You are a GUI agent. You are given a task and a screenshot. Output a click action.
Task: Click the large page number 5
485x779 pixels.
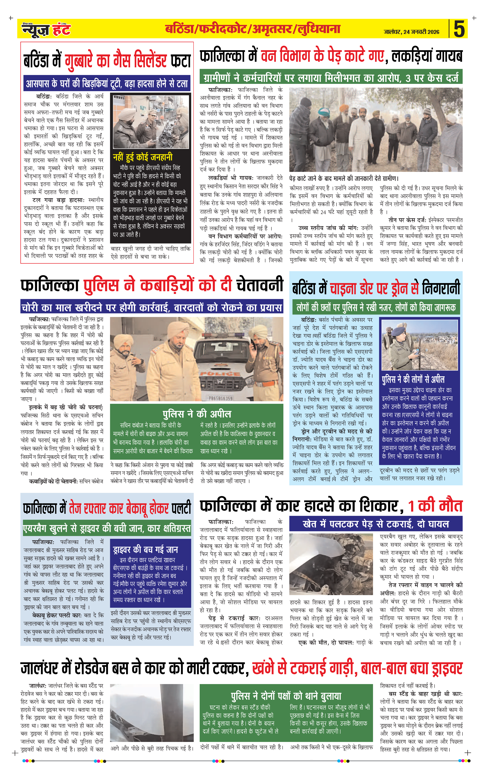[x=459, y=29]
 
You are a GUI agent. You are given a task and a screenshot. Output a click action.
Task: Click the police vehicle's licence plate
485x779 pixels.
[x=221, y=398]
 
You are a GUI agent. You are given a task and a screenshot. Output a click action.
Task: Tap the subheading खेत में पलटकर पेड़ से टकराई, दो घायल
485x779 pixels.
[x=376, y=524]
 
